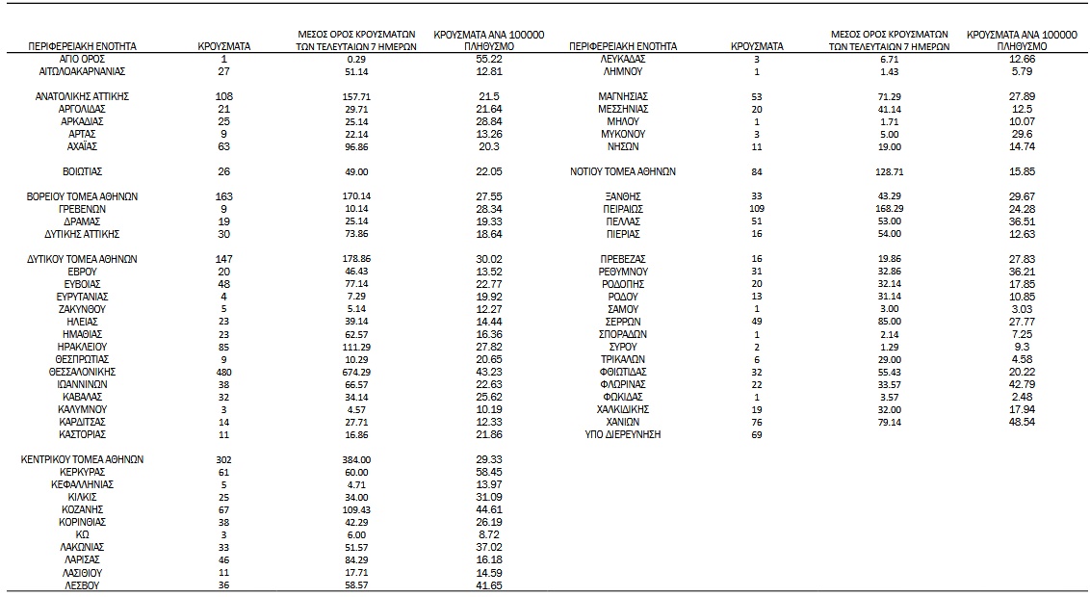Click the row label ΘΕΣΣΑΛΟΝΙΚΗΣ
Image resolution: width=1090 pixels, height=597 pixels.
tap(82, 371)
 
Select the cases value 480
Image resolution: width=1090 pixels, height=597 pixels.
tap(224, 371)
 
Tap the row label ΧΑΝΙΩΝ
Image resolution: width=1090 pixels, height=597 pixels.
tap(623, 422)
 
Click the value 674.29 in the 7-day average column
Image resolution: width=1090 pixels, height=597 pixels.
tap(357, 371)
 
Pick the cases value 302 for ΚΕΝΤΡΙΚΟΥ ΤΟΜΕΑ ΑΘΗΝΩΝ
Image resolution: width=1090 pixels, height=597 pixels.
tap(224, 459)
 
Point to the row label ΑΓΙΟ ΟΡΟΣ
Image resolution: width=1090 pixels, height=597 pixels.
tap(82, 59)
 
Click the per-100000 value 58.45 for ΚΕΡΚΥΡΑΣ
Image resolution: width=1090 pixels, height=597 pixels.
tap(489, 472)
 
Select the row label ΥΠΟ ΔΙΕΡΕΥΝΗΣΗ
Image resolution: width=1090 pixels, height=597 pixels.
tap(623, 434)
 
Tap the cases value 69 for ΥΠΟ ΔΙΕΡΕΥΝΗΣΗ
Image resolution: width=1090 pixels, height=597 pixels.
tap(757, 434)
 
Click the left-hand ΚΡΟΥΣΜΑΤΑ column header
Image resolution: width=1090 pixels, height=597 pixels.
tap(224, 46)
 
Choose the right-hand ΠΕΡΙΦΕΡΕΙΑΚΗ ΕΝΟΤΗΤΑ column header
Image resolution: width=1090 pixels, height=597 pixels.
tap(623, 46)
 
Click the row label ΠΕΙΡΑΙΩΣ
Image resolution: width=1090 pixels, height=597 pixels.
tap(623, 209)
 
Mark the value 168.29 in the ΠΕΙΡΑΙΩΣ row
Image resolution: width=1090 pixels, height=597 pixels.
tap(890, 209)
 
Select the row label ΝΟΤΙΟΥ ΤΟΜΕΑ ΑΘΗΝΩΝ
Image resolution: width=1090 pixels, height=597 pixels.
tap(623, 171)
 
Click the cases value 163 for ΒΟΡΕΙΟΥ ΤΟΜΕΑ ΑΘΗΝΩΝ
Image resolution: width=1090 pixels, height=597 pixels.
tap(224, 196)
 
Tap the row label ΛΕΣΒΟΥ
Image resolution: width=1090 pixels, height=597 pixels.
tap(82, 584)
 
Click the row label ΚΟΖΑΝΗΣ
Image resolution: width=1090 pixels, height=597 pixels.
tap(82, 509)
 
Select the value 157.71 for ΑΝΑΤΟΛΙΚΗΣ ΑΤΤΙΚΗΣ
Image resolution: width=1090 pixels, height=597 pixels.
tap(357, 96)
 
